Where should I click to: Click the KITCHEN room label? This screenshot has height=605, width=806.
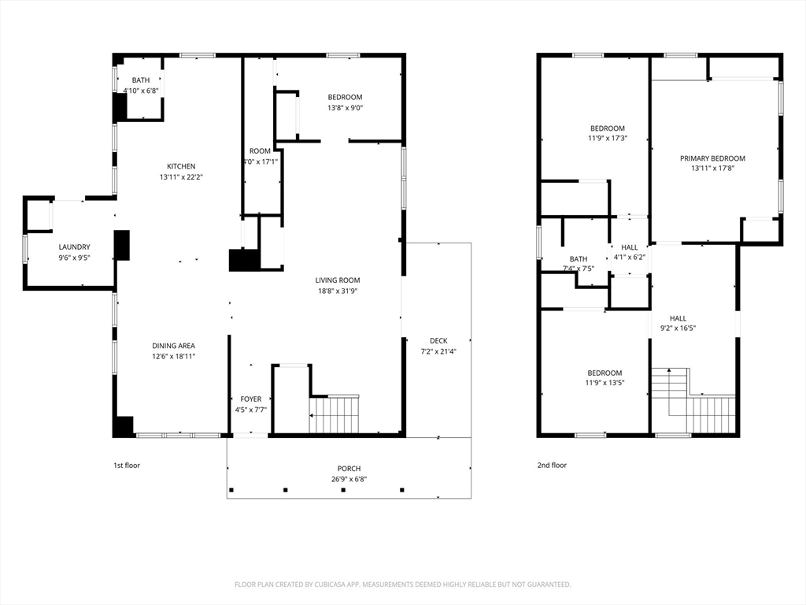point(181,166)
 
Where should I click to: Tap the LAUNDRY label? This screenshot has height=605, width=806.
point(74,247)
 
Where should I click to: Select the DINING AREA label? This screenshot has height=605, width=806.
point(173,346)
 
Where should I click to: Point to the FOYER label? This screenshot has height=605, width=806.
point(251,399)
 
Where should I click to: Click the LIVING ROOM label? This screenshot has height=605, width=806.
point(337,280)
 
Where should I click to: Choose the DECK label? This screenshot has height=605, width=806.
point(438,340)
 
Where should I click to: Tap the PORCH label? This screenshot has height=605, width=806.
point(349,469)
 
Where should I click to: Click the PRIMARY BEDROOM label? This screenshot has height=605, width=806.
point(712,158)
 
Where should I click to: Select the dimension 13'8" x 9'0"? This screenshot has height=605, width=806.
point(345,108)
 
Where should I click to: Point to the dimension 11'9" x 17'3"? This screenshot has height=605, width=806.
point(608,139)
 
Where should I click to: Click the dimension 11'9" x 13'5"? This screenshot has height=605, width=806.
point(604,383)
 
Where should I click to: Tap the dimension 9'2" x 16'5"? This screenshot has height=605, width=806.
point(678,328)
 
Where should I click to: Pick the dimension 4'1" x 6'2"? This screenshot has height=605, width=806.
point(629,258)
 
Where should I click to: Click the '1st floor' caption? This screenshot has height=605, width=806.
point(127,466)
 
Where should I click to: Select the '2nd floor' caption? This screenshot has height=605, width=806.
point(552,466)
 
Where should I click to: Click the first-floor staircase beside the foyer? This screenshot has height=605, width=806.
point(334,414)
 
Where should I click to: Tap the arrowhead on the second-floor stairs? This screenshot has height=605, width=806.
point(669,370)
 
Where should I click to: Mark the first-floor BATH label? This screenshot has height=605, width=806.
point(141,80)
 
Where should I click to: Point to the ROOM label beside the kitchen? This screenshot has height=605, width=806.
point(260,151)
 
